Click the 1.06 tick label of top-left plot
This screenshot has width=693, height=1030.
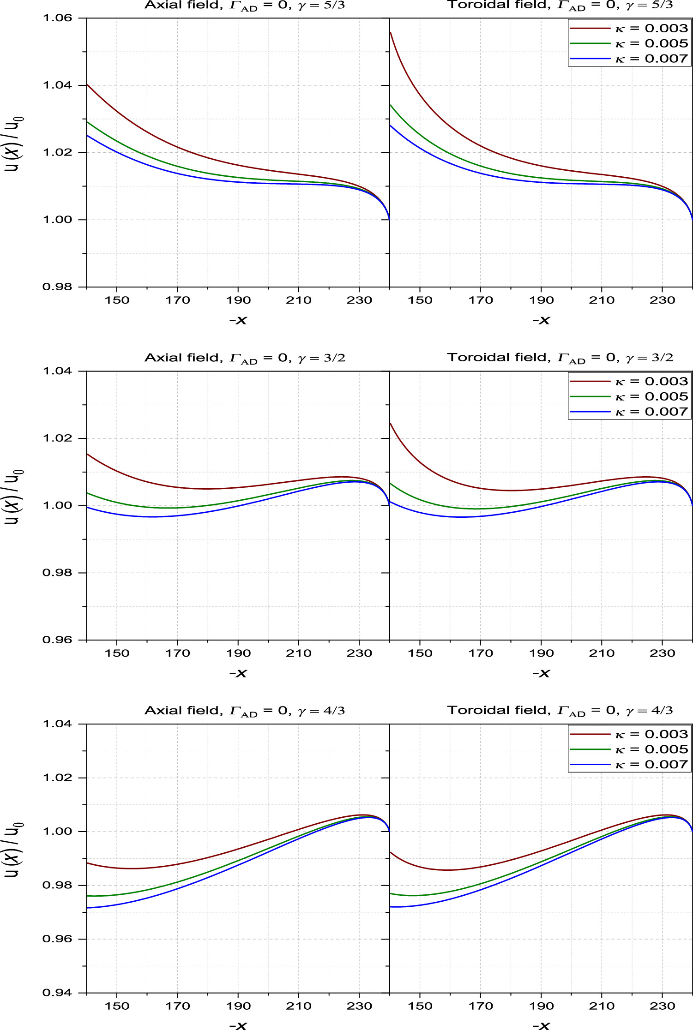pyautogui.click(x=58, y=18)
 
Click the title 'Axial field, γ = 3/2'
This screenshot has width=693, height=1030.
pyautogui.click(x=245, y=358)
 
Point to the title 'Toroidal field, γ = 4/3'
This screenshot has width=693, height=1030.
pyautogui.click(x=560, y=711)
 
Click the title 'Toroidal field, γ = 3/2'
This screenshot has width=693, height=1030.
pyautogui.click(x=560, y=358)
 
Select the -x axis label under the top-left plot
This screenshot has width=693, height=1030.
pyautogui.click(x=238, y=320)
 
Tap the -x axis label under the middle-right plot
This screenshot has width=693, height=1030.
pyautogui.click(x=541, y=673)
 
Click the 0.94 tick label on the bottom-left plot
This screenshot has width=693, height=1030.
pyautogui.click(x=58, y=993)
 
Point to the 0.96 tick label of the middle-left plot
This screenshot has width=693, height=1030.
pyautogui.click(x=58, y=640)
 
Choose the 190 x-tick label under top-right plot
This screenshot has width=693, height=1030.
pyautogui.click(x=541, y=300)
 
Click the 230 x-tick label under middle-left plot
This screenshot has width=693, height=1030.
pyautogui.click(x=359, y=653)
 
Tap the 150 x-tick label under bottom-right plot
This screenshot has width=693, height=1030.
pyautogui.click(x=420, y=1006)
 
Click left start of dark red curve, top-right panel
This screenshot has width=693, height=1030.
pyautogui.click(x=391, y=33)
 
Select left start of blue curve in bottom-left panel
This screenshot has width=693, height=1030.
pyautogui.click(x=88, y=908)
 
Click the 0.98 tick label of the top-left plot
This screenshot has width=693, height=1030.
pyautogui.click(x=58, y=287)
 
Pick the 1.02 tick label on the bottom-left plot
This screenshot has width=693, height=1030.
pyautogui.click(x=58, y=778)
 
